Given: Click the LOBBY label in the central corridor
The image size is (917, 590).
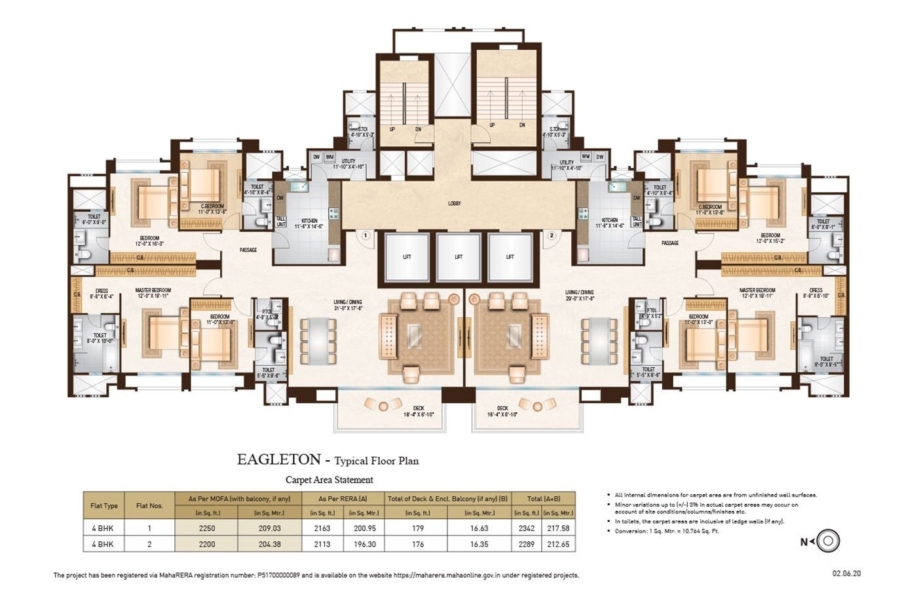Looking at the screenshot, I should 455,203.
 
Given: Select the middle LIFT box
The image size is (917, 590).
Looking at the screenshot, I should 458,257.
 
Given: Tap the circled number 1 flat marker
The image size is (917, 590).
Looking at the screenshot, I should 365,235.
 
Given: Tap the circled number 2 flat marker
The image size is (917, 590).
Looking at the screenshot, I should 552,235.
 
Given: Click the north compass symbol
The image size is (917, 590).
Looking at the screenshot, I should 828,541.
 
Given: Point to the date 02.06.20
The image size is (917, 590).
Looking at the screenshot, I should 846,574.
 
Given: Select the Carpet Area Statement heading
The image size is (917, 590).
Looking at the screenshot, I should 329,480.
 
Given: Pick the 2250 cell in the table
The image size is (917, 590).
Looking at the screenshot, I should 207,528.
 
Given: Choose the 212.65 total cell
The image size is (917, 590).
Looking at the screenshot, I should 558,544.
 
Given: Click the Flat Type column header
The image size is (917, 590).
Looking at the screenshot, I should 104,505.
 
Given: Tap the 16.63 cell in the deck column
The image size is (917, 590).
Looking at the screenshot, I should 479,528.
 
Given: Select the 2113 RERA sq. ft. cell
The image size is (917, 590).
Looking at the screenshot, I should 322,544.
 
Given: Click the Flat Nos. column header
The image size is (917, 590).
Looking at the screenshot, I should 149,505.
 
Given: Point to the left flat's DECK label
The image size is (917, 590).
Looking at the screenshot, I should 419,408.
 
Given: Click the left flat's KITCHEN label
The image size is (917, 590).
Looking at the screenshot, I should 309,221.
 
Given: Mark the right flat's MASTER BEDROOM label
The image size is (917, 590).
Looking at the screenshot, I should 757,290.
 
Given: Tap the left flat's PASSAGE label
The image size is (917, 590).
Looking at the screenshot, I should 248,250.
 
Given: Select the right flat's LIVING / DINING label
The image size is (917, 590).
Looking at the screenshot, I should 580,292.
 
